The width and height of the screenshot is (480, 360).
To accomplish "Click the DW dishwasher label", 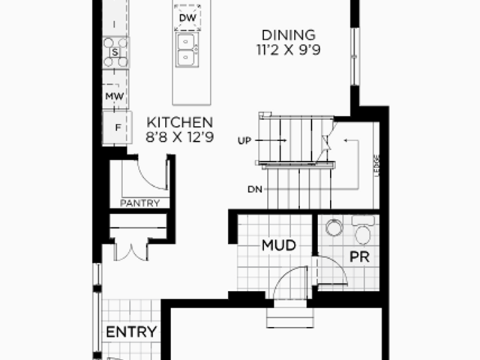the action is point(187,18).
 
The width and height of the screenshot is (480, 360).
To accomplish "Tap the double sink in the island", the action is point(187,49).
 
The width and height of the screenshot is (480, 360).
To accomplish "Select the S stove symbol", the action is point(115,52).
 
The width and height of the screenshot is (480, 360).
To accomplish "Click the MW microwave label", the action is point(115,96).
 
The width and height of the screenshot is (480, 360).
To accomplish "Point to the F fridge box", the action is point(117,127).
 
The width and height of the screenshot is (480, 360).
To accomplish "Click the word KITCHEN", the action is point(180,122).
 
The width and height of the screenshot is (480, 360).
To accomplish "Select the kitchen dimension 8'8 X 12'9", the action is point(180,137).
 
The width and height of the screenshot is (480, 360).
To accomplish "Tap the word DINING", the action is point(288,35).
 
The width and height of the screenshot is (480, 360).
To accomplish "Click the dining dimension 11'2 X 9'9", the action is point(288,49).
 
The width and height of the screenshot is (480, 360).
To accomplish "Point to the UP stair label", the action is point(244,140).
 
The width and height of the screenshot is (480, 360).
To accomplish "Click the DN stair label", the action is point(255,190).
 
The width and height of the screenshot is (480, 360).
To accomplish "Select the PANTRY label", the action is point(140,203).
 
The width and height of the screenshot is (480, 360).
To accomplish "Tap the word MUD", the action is point(279,245).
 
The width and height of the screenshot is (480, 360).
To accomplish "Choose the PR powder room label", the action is point(359,256).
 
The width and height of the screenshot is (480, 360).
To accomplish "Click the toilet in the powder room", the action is point(363,229).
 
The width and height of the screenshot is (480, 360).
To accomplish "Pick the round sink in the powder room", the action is point(334,227).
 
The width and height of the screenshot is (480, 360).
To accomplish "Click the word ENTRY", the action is point(131,331).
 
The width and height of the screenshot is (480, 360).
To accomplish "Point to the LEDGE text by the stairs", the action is point(376,166).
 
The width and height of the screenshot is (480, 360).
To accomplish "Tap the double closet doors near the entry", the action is point(131,251).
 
